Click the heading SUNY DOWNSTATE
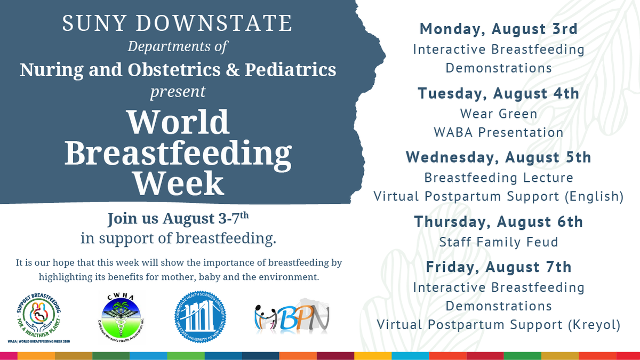pos(178,23)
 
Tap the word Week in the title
pos(179,182)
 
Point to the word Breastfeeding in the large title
pos(179,153)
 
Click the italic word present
pos(178,91)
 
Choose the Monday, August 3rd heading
pos(499,29)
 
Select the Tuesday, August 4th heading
pos(499,93)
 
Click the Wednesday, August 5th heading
pos(499,157)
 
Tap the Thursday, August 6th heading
pos(499,221)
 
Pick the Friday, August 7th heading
pos(499,266)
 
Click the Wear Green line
pos(499,113)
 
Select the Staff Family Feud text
pos(499,242)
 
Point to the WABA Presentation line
pos(499,132)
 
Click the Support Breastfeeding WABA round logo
pos(43,317)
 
